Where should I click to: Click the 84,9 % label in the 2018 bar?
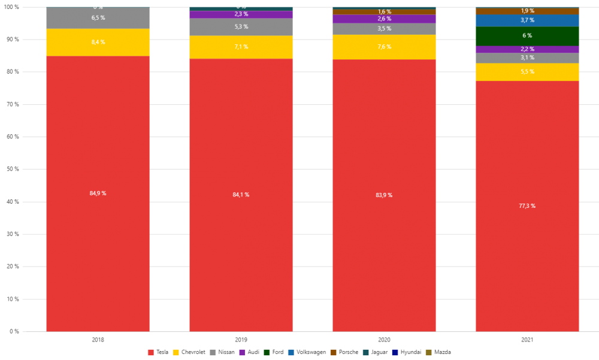pos(98,193)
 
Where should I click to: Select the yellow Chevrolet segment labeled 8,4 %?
pos(98,43)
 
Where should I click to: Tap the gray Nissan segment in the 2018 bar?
pos(98,18)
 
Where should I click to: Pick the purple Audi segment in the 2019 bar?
pos(241,14)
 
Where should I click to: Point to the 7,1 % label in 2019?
pos(241,47)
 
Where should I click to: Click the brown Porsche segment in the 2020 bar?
pos(385,12)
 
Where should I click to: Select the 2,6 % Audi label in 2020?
pos(385,19)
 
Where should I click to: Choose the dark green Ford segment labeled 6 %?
pos(527,36)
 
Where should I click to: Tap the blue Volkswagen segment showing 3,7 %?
pos(527,20)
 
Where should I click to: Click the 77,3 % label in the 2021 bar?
pos(527,206)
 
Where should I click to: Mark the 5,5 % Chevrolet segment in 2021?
pos(527,72)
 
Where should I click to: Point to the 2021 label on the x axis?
pos(527,340)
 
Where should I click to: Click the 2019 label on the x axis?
pos(241,340)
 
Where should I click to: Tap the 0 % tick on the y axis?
pos(13,331)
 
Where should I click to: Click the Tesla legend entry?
pos(158,352)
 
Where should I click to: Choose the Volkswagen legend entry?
pos(307,352)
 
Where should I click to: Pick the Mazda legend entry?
pos(438,352)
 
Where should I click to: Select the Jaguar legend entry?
pos(376,352)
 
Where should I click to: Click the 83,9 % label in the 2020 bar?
pos(385,195)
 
